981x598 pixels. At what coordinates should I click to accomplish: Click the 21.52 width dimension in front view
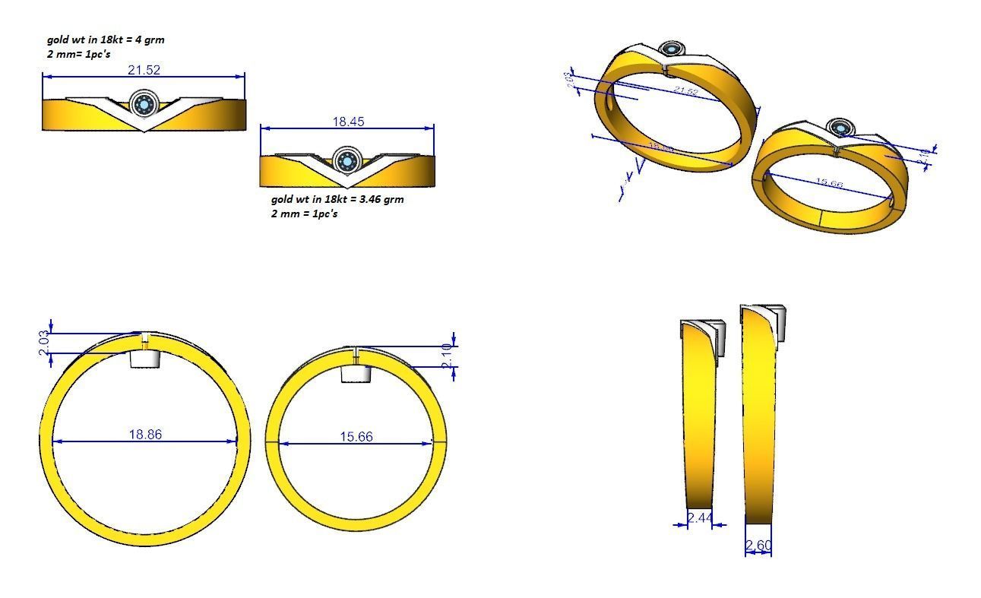pos(144,70)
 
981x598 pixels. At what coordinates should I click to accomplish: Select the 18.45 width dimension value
pos(348,121)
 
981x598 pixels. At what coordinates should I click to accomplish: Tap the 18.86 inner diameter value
pos(145,435)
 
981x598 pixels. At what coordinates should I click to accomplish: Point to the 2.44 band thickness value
pos(700,518)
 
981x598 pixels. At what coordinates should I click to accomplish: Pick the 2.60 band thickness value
pos(758,546)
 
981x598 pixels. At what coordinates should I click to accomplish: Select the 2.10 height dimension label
pos(446,356)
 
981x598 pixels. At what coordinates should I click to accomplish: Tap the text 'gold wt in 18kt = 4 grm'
pos(105,40)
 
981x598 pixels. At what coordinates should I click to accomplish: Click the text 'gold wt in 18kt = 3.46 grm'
pos(337,199)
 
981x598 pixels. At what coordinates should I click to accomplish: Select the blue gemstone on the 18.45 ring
pos(347,161)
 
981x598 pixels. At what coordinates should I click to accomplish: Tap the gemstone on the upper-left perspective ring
pos(672,49)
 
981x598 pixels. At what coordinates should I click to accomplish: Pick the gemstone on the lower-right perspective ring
pos(840,127)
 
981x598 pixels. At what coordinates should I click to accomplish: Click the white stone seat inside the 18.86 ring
pos(144,359)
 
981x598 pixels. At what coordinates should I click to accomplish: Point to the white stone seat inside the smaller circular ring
pos(356,373)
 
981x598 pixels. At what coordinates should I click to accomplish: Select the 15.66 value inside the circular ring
pos(356,437)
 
